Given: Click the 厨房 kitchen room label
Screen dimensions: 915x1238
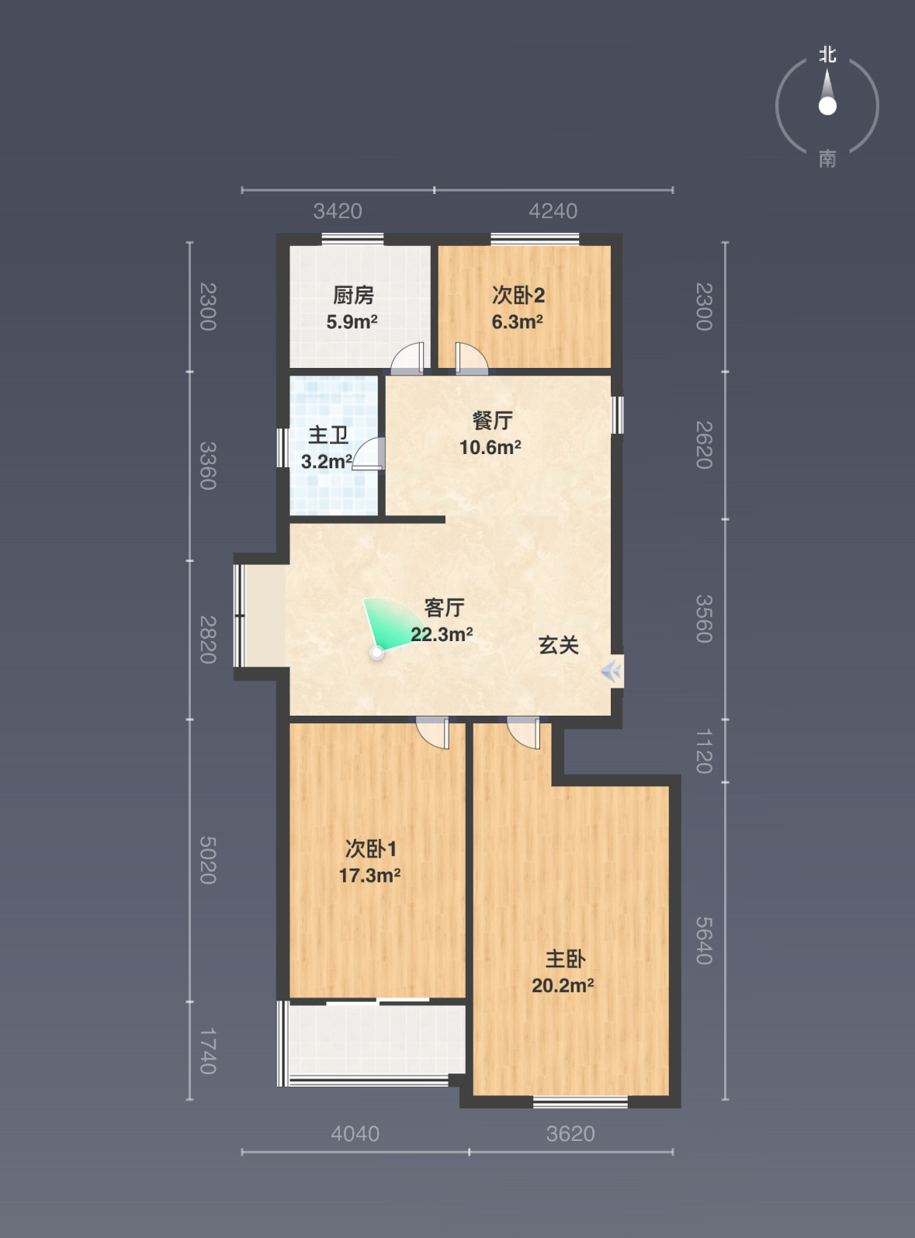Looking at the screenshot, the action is click(x=353, y=295).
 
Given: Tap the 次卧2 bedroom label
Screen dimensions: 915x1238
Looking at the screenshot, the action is click(x=518, y=295).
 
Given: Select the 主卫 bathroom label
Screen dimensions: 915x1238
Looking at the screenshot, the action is click(x=328, y=435).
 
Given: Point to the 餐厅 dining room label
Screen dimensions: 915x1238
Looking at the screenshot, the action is click(x=492, y=421).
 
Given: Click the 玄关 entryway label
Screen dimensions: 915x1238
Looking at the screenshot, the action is click(x=558, y=645).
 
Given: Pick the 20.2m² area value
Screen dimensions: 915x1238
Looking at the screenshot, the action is click(x=563, y=986).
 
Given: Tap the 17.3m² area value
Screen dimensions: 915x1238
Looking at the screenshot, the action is click(x=369, y=876).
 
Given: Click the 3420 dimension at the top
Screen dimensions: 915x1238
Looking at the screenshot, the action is click(x=338, y=211).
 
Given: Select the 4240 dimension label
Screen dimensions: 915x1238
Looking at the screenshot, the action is click(x=553, y=211).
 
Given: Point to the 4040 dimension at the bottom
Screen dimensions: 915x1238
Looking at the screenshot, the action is click(x=355, y=1134).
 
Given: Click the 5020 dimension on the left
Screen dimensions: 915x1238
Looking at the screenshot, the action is click(x=208, y=860).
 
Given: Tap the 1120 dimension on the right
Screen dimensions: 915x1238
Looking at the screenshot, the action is click(x=704, y=751).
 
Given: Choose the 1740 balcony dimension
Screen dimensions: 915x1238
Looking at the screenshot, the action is click(x=208, y=1051).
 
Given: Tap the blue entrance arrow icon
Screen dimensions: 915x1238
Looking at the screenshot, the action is click(x=611, y=671).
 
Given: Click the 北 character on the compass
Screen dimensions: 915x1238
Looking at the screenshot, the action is click(x=827, y=54).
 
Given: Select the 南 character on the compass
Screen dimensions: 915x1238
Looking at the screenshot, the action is click(x=827, y=160).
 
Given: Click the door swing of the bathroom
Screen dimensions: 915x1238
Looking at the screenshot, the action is click(x=369, y=453).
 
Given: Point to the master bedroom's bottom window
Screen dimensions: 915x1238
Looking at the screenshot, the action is click(x=580, y=1102).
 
